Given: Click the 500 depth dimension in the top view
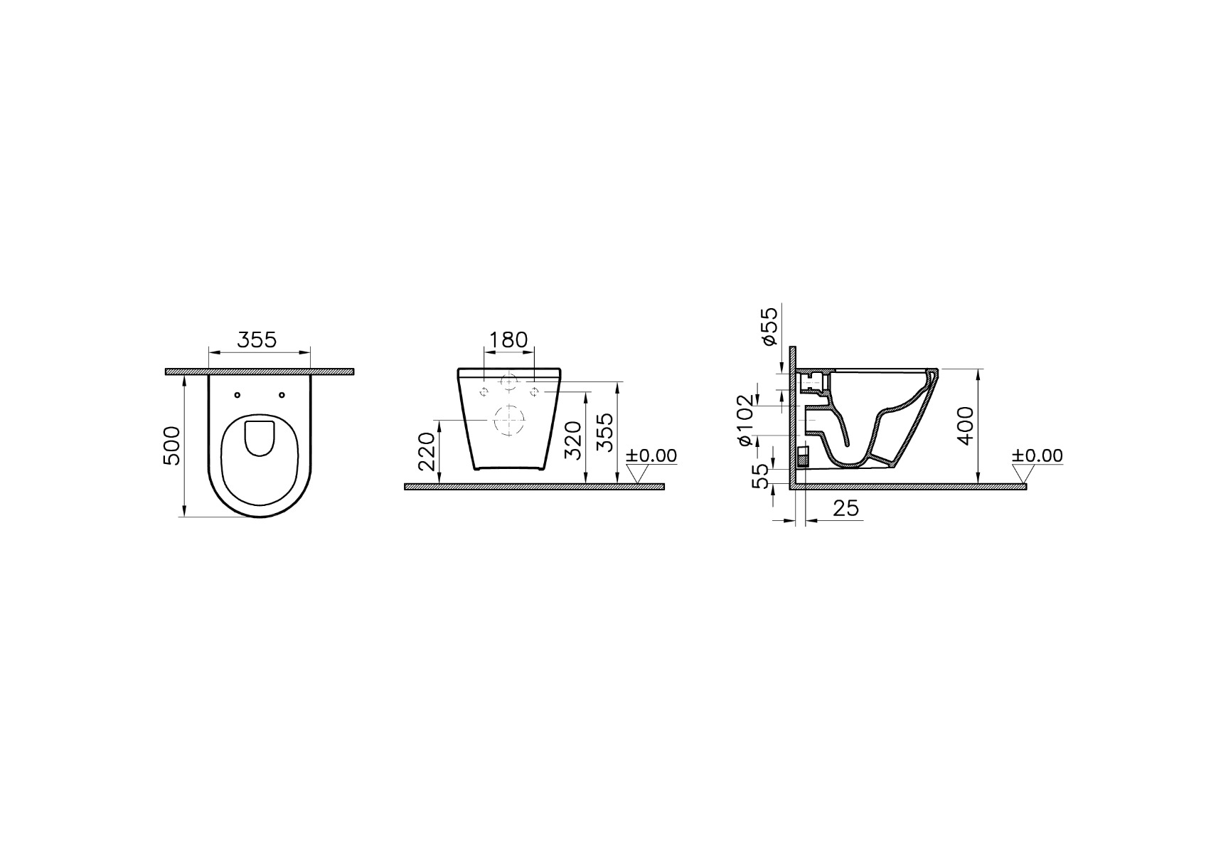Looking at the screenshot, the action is [172, 446].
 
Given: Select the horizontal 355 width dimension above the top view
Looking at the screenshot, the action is [257, 340].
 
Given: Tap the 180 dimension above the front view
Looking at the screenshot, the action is [509, 339].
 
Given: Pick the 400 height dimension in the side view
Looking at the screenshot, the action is [966, 426].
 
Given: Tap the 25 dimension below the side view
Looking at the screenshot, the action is [845, 507].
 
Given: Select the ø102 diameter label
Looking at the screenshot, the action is [745, 421].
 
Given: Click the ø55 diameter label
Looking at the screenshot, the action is [769, 326].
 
